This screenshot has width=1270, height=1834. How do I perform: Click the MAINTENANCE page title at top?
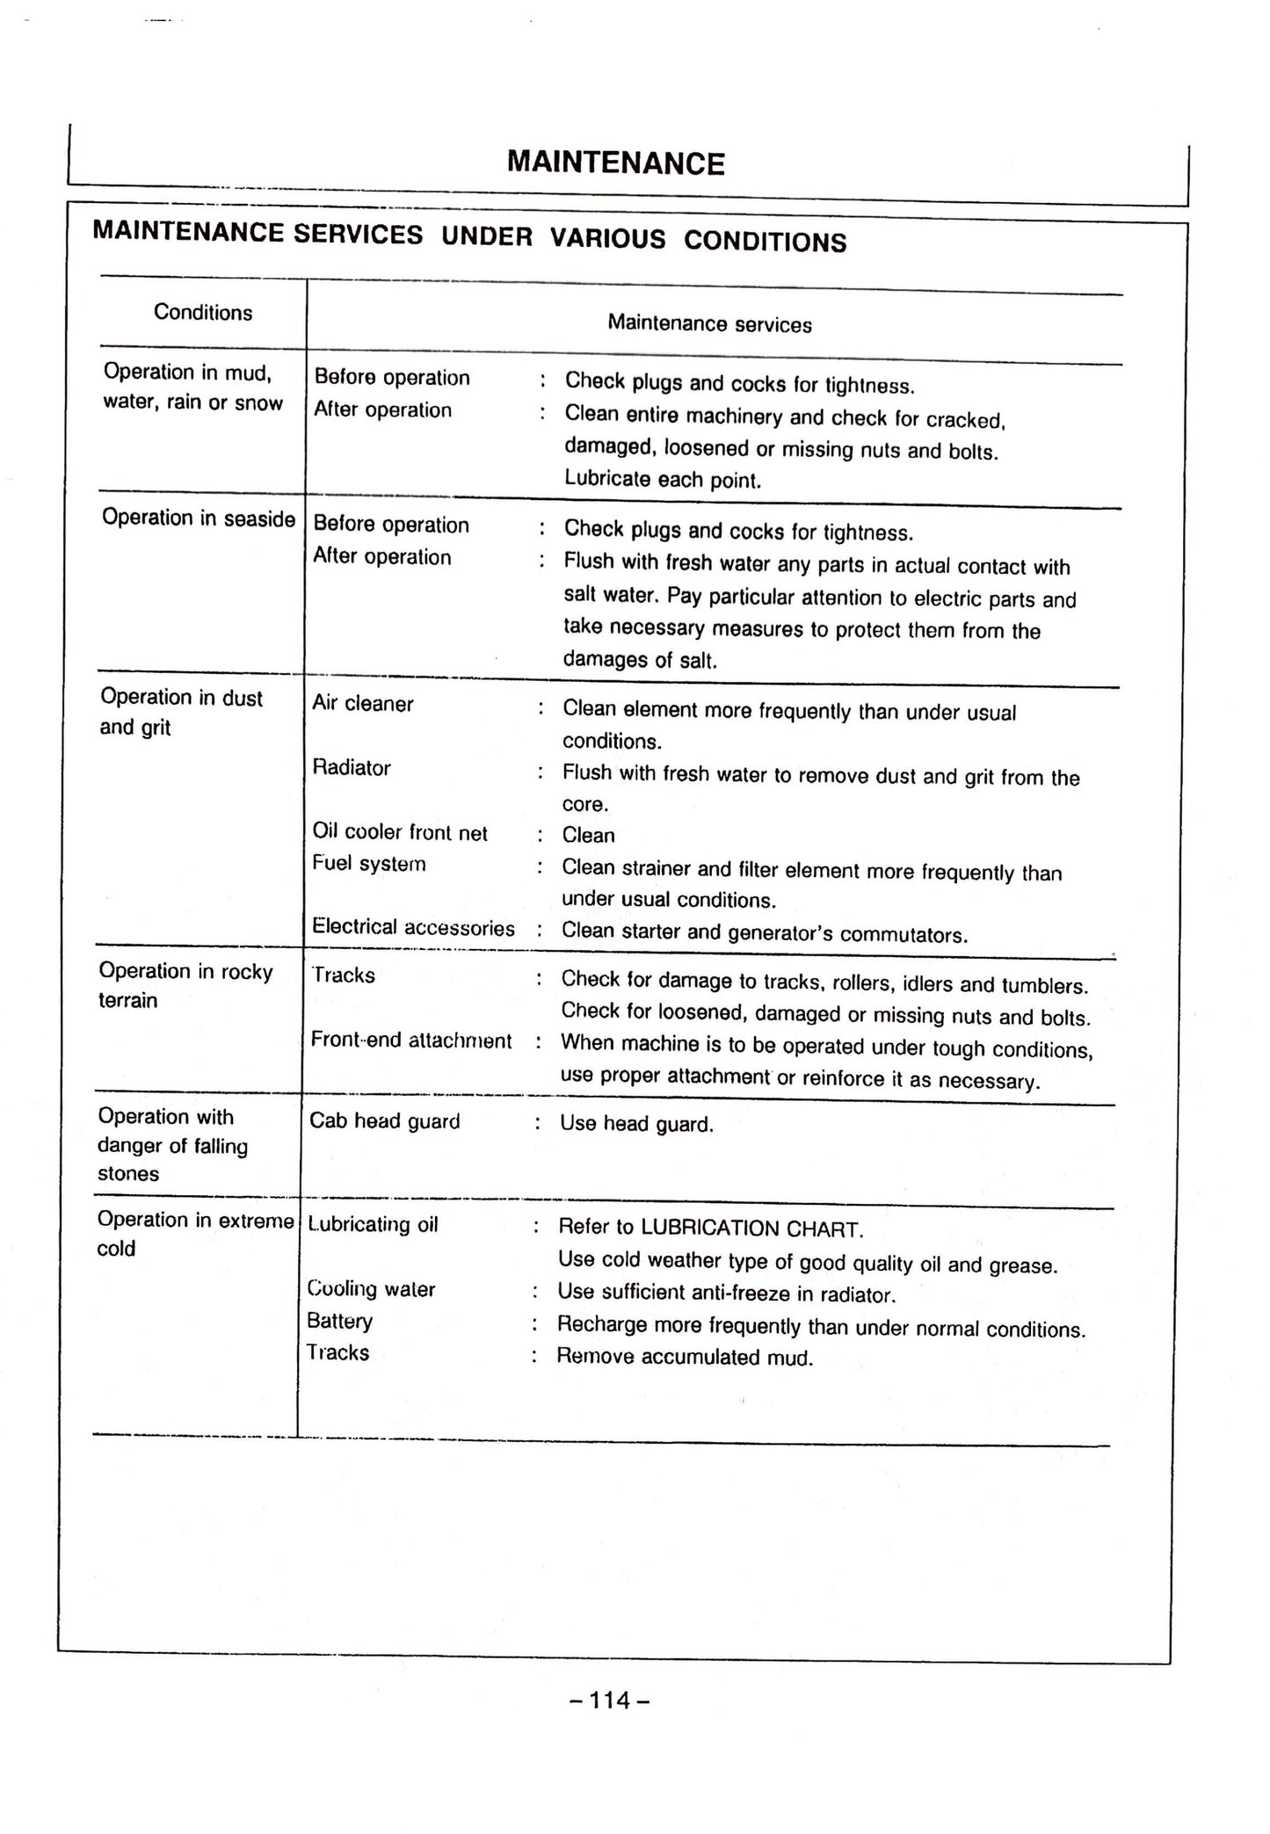[x=616, y=163]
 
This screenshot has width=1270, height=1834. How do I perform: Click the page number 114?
[x=610, y=1700]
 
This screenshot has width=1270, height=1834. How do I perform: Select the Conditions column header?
[x=203, y=313]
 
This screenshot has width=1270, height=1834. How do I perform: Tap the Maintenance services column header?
[x=709, y=324]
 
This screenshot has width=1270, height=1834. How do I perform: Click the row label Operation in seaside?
[x=199, y=518]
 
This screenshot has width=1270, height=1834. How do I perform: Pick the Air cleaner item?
[x=362, y=704]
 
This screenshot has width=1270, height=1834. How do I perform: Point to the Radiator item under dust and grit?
[x=352, y=768]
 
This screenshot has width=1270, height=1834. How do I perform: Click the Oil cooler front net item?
[x=400, y=832]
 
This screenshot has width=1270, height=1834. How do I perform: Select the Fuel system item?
[x=369, y=864]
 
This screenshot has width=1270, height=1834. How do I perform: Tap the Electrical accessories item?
[x=413, y=928]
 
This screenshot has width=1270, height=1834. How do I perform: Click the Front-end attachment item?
[x=410, y=1040]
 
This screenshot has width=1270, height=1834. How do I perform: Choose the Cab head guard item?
[x=384, y=1121]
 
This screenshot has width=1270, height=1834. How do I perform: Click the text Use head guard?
[x=636, y=1124]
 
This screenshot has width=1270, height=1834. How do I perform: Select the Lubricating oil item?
[x=373, y=1224]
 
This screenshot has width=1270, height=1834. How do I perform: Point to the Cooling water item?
[x=371, y=1289]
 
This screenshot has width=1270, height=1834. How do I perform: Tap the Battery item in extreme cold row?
[x=339, y=1321]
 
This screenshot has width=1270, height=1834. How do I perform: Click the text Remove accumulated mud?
[x=685, y=1358]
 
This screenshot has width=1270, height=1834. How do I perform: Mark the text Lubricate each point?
[x=663, y=480]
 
